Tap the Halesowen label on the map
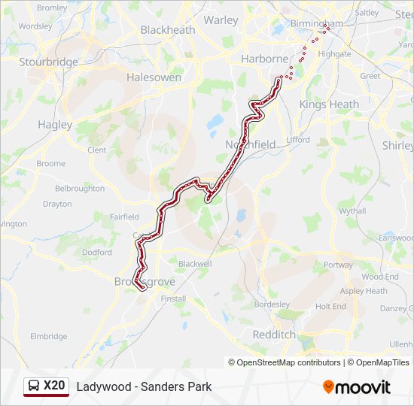coord(154,77)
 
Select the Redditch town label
coord(274,334)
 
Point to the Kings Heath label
coord(329,105)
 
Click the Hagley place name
coord(54,125)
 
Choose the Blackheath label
coord(168,30)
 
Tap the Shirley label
coord(397,145)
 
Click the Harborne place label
coord(264,59)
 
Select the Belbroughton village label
coord(80,189)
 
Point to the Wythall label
coord(352,211)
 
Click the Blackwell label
coord(195,264)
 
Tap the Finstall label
coord(173,298)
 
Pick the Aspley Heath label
coord(364,291)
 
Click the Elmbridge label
coord(48,336)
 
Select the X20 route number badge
coord(54,386)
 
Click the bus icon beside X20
coord(34,386)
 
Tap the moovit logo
coord(357,387)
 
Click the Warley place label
coord(221,20)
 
